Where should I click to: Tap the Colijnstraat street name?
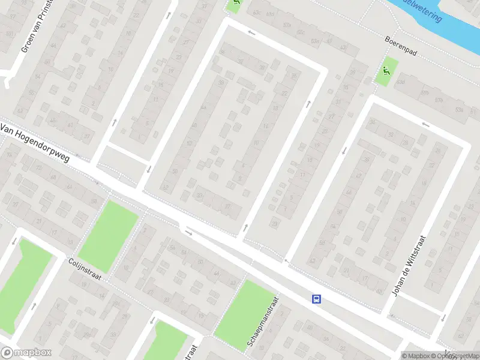coord(84,269)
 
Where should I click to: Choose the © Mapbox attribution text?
coord(416,356)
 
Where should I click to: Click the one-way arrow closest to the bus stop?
coord(286,260)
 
